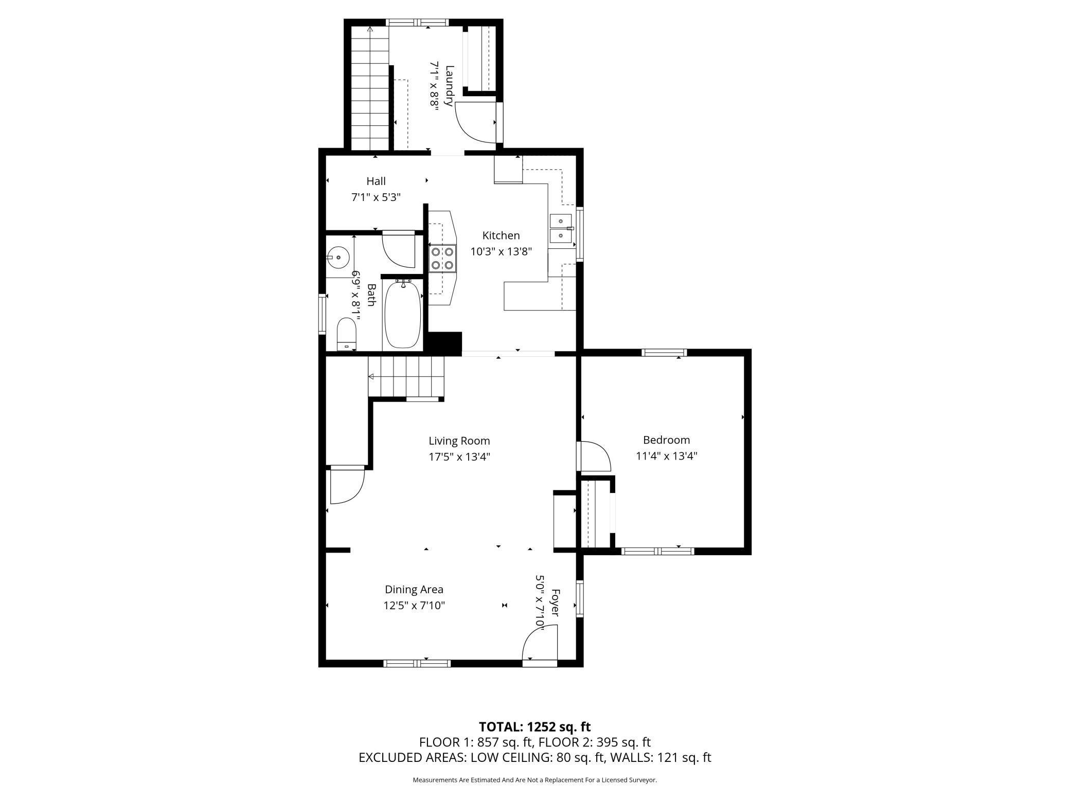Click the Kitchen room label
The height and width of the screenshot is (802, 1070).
[x=501, y=235]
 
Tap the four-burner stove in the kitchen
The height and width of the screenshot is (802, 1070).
[x=442, y=259]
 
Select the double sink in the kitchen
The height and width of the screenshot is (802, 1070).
[x=562, y=228]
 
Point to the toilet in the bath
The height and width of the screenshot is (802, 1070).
[x=347, y=334]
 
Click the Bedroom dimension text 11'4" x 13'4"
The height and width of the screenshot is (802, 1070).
[x=666, y=456]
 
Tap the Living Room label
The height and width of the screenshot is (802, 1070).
[x=459, y=441]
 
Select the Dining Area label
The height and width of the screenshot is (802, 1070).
[x=414, y=589]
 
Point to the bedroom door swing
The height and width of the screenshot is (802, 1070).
[x=595, y=456]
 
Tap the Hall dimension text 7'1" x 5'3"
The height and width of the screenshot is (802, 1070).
[x=376, y=197]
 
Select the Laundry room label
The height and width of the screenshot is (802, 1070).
[x=449, y=85]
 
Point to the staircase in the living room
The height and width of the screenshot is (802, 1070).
[x=406, y=377]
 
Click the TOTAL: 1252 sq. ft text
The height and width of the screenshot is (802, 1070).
[x=535, y=727]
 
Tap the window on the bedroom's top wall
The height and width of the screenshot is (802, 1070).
[x=664, y=352]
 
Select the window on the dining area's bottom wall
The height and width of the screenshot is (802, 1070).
[x=417, y=664]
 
